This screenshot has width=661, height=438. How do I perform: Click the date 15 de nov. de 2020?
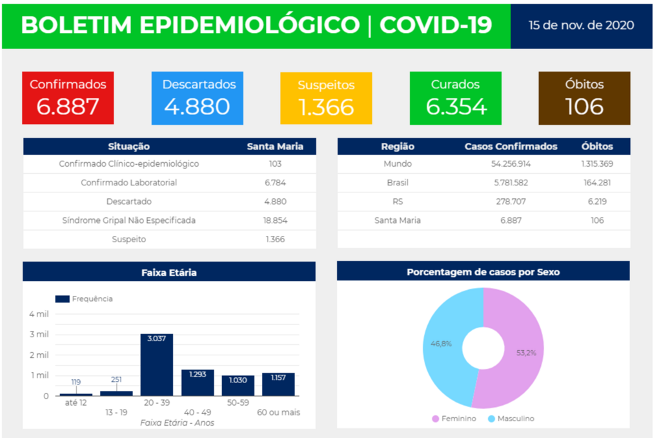[580, 25]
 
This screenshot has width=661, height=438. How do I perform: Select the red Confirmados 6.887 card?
[68, 98]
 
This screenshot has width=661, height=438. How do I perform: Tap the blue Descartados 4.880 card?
[197, 98]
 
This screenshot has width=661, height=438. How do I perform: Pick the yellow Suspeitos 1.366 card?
[326, 98]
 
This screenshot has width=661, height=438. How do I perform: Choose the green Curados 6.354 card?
[455, 98]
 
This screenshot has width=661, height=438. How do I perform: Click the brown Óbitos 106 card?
[584, 98]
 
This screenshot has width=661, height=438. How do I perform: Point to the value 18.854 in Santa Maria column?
[275, 220]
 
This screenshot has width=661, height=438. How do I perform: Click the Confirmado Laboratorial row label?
[128, 183]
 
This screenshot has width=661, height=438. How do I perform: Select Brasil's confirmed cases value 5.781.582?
[510, 183]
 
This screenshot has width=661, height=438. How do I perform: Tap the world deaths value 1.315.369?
[596, 164]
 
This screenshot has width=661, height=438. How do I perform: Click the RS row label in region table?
[398, 202]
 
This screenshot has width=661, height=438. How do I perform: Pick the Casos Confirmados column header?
[511, 147]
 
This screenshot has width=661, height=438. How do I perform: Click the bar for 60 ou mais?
[278, 385]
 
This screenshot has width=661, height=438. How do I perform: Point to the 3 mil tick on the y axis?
[39, 335]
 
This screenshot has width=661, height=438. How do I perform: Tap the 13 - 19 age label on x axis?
[116, 412]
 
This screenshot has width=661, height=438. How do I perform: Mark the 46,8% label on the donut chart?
[441, 344]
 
